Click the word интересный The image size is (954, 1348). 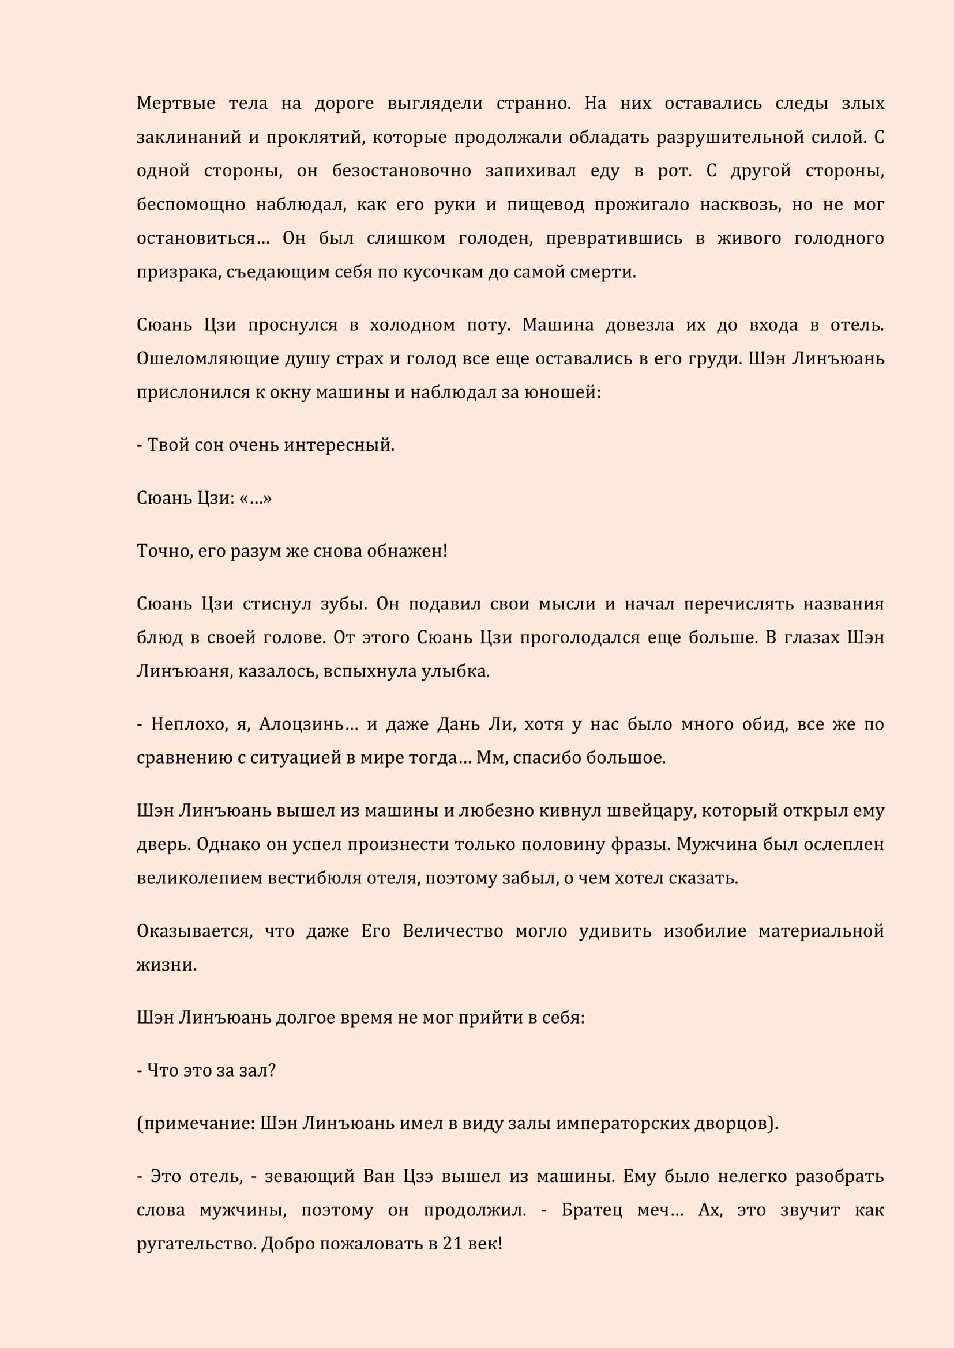click(339, 445)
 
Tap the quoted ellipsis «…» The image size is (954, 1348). click(256, 498)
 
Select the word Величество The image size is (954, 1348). click(453, 931)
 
